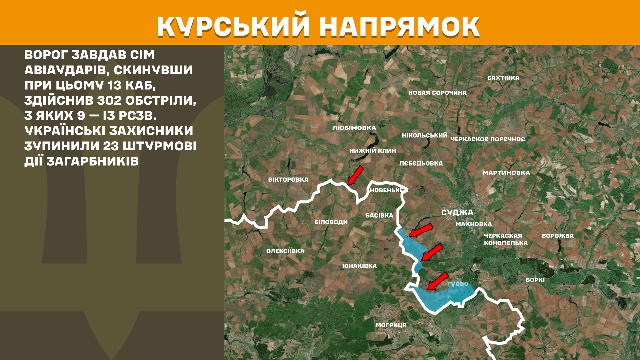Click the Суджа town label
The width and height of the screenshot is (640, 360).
tap(457, 213)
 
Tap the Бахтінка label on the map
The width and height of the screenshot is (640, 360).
tap(503, 78)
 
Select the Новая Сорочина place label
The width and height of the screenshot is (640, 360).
tap(437, 93)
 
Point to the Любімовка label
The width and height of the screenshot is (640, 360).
tap(354, 128)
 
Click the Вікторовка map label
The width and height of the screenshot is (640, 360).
tap(288, 180)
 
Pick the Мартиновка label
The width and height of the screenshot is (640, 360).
tap(506, 173)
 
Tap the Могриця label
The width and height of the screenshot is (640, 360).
tap(391, 325)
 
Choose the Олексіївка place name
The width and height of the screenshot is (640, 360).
tap(285, 251)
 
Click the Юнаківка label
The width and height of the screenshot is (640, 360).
tap(359, 266)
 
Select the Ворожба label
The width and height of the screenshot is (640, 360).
tap(558, 236)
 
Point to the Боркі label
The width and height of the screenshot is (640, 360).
tap(535, 280)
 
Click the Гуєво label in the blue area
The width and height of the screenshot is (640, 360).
tap(458, 284)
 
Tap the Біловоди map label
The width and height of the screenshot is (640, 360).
tap(331, 222)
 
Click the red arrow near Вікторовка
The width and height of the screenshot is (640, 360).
tap(355, 175)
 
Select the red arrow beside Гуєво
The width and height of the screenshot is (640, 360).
tap(437, 281)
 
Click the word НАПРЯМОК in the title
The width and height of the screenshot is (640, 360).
tap(399, 26)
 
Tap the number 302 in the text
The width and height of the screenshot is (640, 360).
tap(109, 100)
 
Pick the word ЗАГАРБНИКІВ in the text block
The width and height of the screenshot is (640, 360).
tap(92, 161)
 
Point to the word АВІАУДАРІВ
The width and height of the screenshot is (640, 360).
tap(66, 70)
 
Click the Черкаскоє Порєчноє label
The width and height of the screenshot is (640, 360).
tap(488, 139)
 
